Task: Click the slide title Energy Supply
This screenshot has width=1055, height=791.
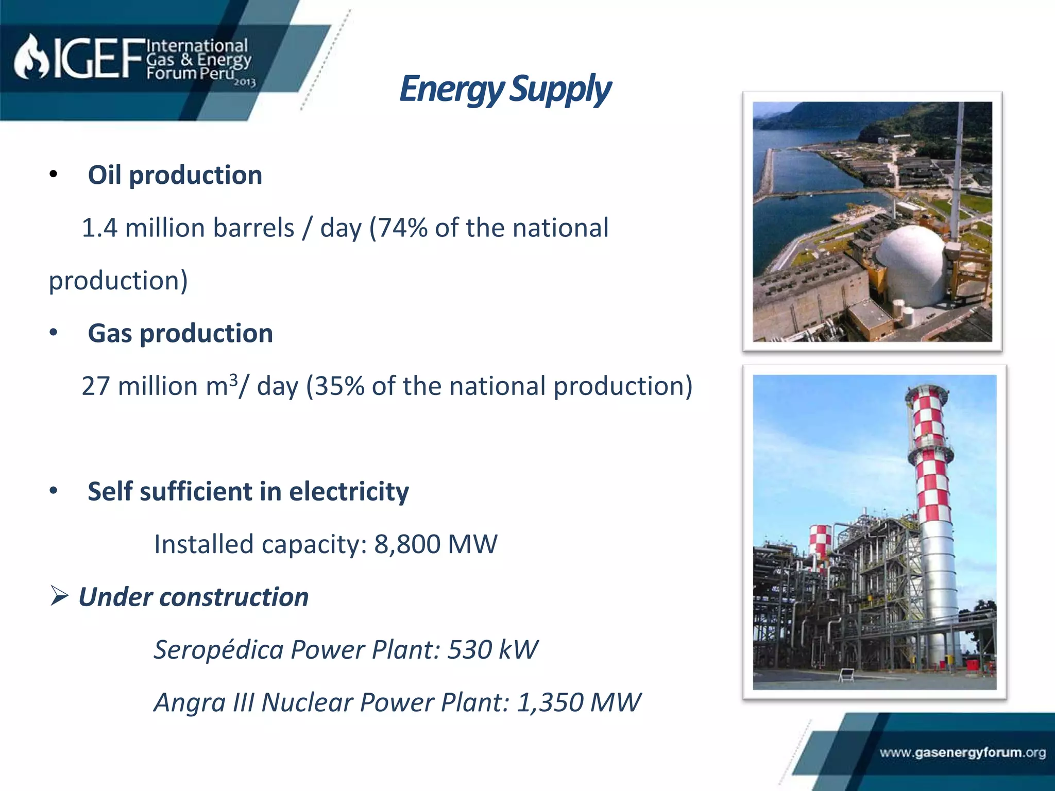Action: point(505,89)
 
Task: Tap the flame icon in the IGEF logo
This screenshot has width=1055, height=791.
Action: point(31,58)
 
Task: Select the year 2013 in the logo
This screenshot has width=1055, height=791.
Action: point(245,82)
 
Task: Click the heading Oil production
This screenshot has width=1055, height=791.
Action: point(175,175)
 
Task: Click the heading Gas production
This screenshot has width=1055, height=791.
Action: point(180,333)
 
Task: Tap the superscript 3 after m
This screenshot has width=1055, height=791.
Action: point(233,380)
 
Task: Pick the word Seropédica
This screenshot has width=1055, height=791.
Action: point(219,649)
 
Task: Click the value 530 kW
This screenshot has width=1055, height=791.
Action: point(492,649)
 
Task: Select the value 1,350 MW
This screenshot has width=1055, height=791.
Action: point(578,702)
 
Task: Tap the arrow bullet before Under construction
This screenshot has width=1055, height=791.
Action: point(60,596)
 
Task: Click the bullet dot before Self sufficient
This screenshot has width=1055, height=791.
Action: point(54,491)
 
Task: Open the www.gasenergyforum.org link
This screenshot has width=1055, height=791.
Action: point(962,752)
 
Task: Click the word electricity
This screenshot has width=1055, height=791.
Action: point(349,491)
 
